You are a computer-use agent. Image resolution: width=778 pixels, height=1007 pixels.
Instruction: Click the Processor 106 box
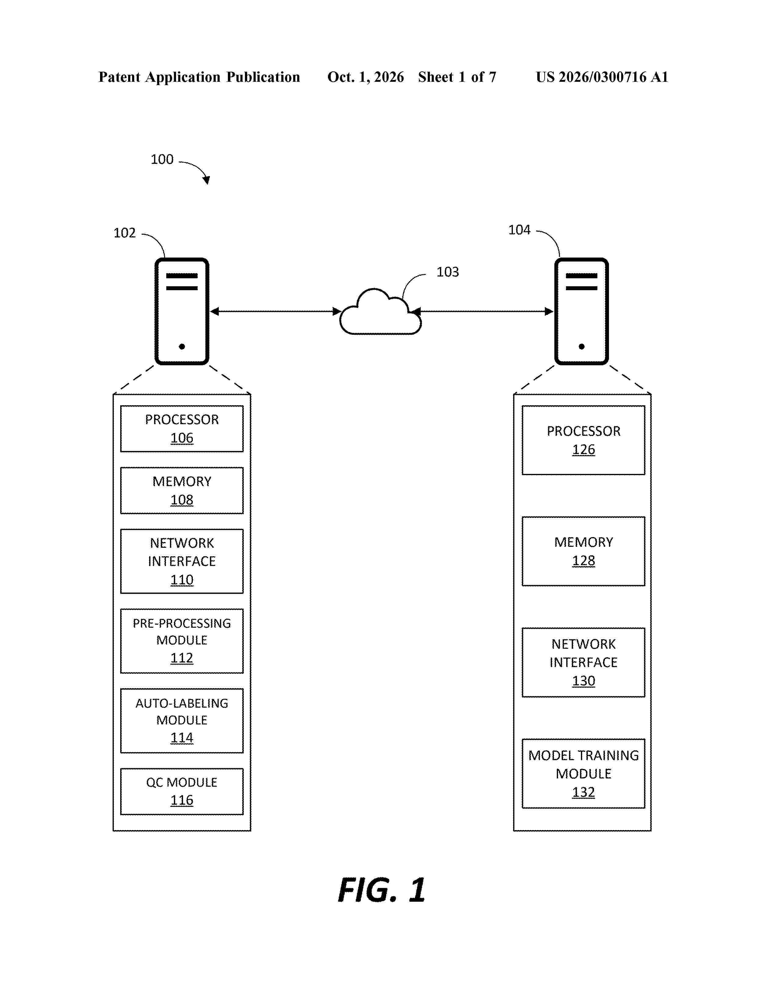coord(182,428)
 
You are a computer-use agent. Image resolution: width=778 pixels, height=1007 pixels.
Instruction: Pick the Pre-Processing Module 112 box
coord(182,641)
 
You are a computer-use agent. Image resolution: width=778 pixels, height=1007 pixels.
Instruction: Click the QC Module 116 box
coord(182,791)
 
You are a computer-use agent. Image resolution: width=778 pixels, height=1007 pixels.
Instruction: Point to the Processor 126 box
coord(583,440)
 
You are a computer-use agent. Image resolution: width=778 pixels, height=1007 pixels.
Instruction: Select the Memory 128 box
coord(583,551)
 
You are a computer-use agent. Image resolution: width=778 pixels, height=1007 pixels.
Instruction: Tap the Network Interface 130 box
coord(583,662)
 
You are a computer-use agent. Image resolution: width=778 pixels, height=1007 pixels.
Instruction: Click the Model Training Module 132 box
coord(583,773)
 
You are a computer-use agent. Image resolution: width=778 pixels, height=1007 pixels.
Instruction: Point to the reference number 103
coord(448,272)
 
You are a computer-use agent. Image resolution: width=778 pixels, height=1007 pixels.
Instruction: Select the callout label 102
coord(124,233)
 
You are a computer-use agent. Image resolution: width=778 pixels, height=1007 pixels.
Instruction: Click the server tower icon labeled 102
coord(182,311)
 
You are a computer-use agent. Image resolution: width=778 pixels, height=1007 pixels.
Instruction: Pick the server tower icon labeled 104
coord(581,311)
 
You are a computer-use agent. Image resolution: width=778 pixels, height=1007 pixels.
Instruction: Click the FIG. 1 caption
coord(382,890)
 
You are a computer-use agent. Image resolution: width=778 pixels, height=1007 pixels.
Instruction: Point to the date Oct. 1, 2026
coord(366,77)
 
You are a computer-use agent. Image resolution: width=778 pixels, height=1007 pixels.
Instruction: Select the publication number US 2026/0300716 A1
coord(602,77)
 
